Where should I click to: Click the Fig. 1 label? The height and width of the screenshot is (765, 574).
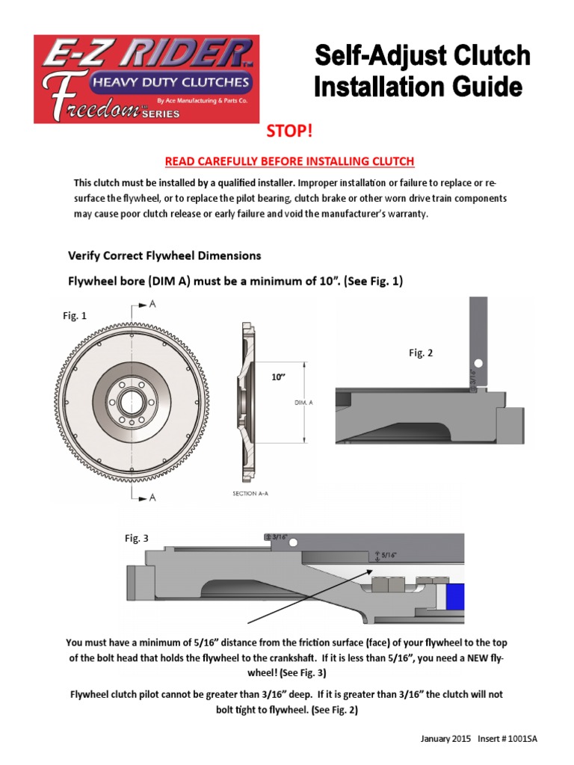click(x=75, y=316)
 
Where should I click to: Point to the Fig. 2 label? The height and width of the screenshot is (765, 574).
click(x=421, y=353)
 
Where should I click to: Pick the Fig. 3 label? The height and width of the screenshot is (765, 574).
click(x=136, y=538)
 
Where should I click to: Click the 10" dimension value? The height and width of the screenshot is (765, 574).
click(x=280, y=378)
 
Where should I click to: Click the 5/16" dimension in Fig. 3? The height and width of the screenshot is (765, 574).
click(x=387, y=556)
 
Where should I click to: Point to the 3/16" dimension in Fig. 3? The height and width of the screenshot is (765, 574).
click(x=279, y=536)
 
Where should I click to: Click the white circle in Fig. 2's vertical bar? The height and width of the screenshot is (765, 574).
click(x=478, y=364)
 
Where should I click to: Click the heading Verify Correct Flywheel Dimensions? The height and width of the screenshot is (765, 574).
click(x=165, y=255)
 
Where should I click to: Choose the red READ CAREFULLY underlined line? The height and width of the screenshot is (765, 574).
click(x=289, y=161)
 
